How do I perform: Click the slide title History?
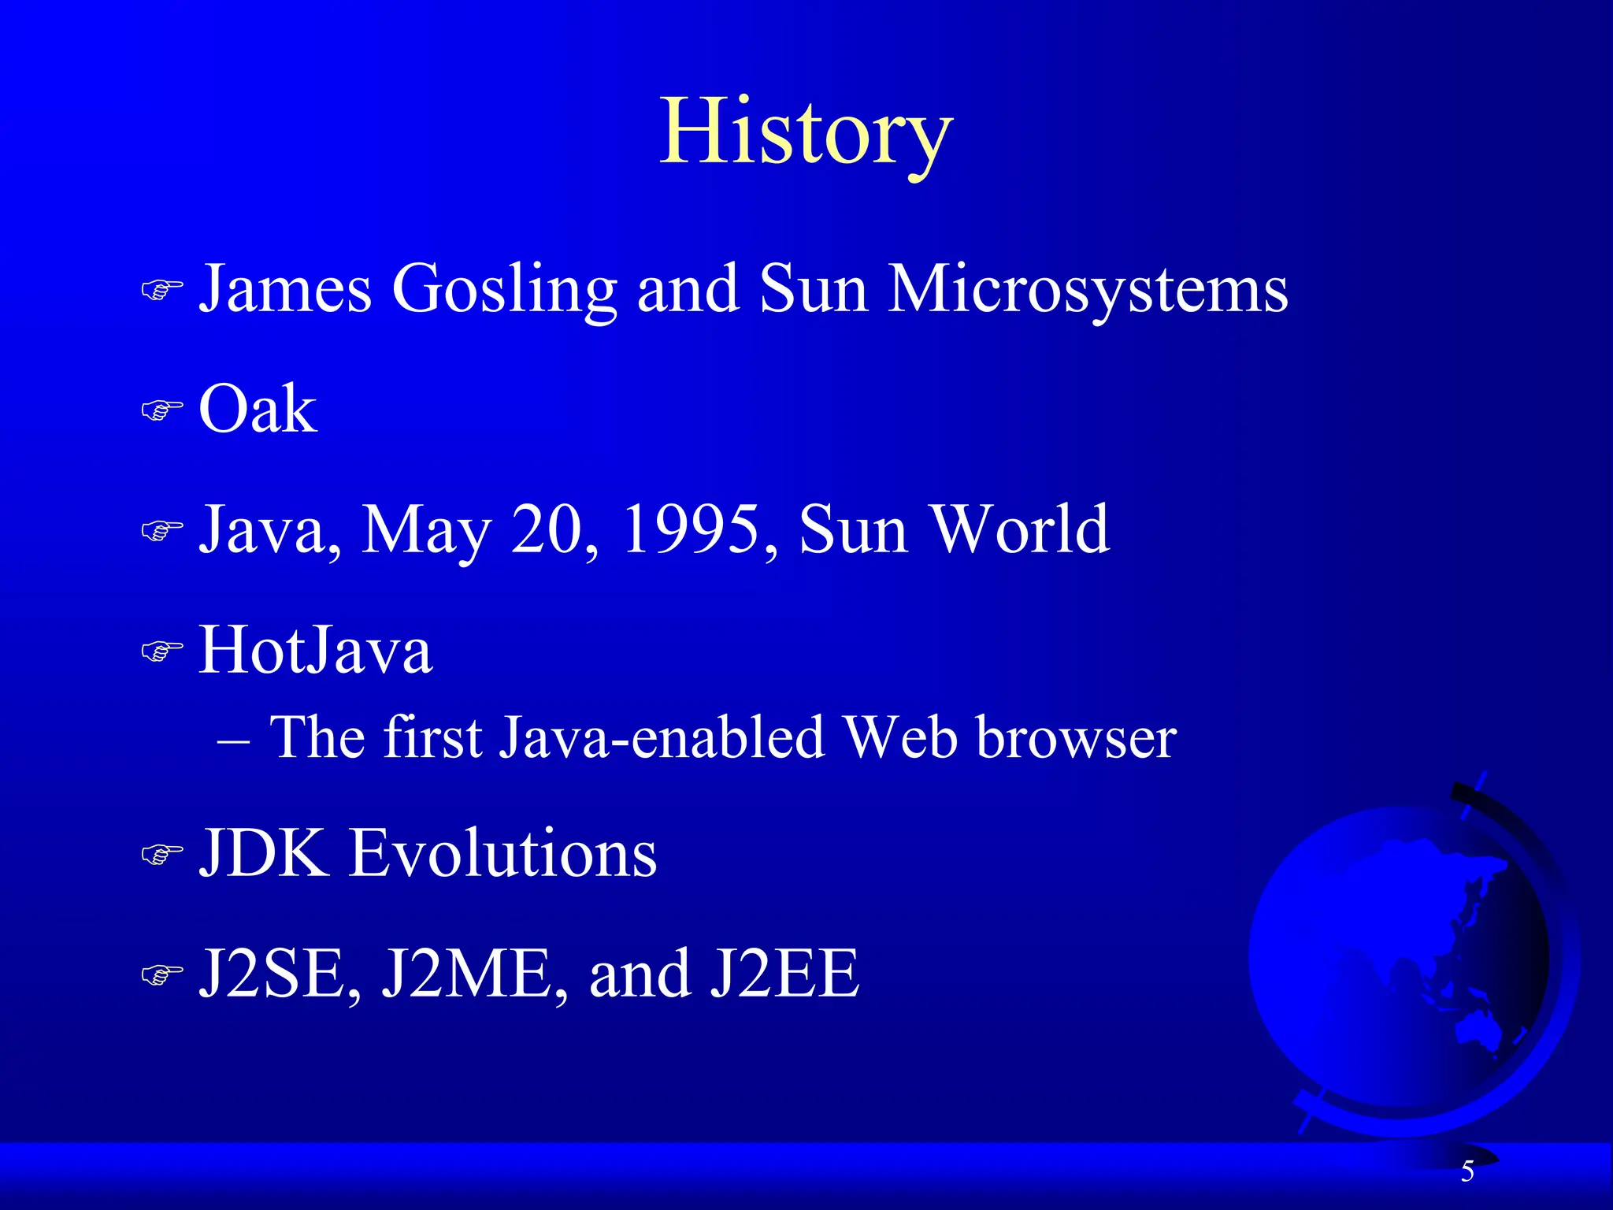pos(806,132)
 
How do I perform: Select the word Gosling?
pos(504,290)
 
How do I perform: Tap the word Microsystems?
pos(1088,290)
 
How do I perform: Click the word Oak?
pos(258,410)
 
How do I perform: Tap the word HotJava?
pos(315,651)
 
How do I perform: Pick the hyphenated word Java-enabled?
pos(662,739)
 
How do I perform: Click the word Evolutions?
pos(502,853)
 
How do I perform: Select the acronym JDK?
pos(265,853)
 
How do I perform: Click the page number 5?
pos(1467,1171)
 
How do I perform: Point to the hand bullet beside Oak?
pos(161,410)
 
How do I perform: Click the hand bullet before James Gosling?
pos(161,290)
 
